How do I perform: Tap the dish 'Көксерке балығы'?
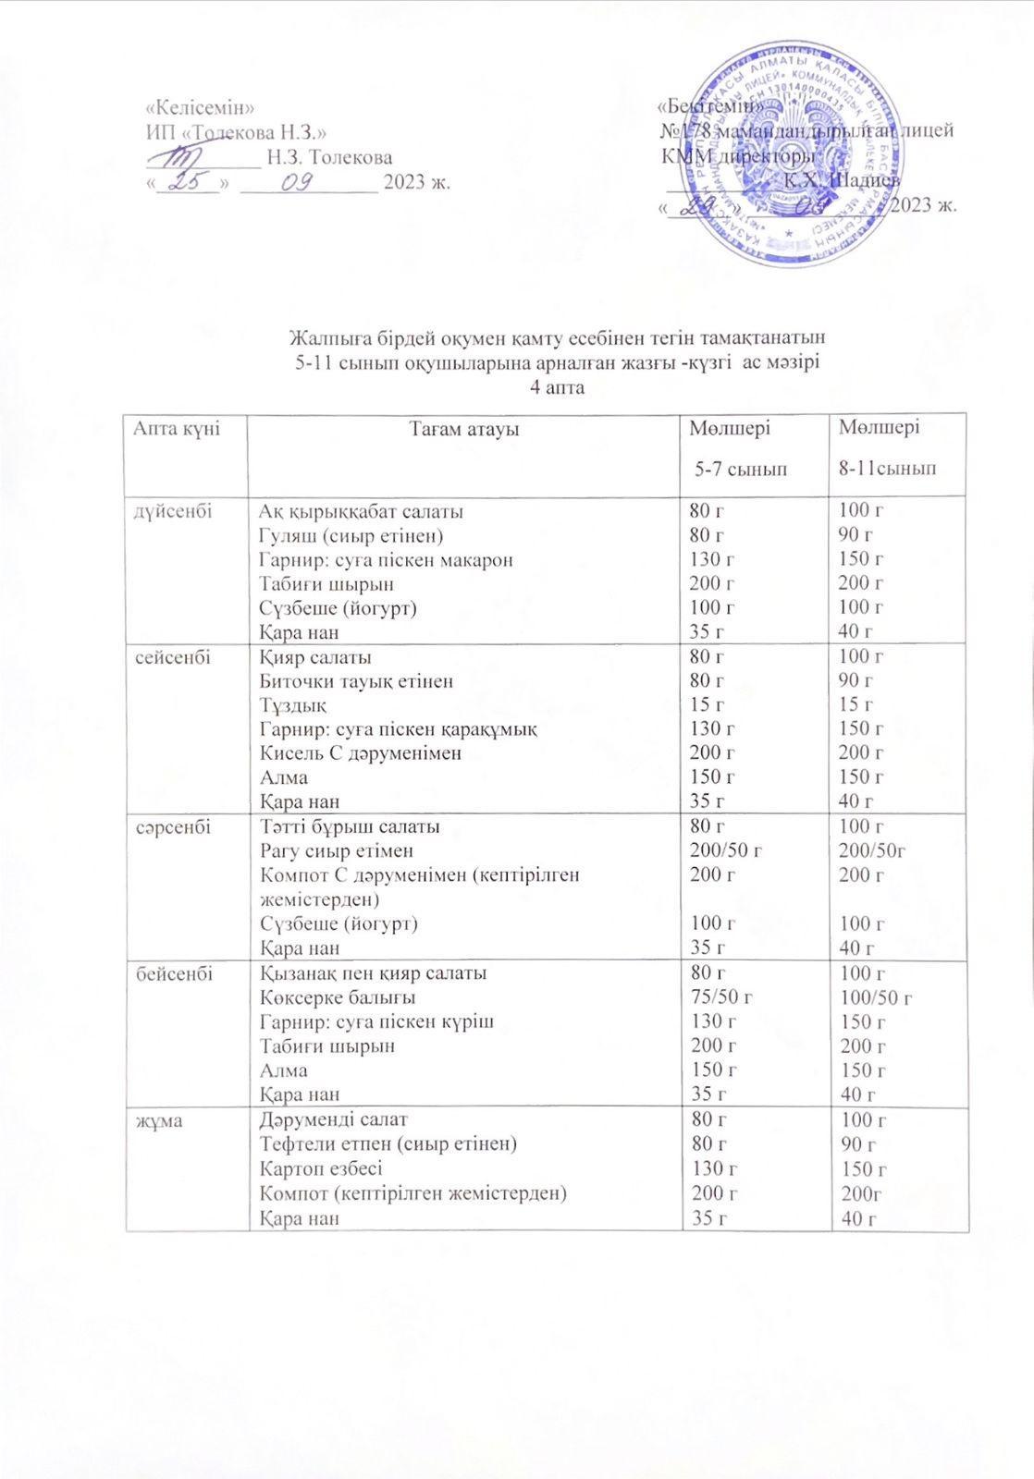point(337,997)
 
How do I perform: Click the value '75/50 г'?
point(722,997)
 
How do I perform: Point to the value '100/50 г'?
point(875,997)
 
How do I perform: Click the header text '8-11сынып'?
point(887,470)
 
